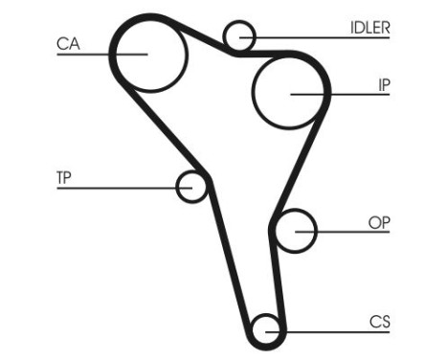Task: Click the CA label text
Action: coord(68,42)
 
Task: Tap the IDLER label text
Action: coord(369,27)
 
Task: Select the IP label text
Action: coord(383,84)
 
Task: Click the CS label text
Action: coord(380,320)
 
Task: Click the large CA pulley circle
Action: coord(147,53)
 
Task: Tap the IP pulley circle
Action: coord(290,93)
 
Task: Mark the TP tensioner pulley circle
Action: coord(192,186)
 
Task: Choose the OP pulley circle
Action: coord(296,230)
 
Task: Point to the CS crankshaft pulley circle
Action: coord(267,330)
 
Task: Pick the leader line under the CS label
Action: coord(335,330)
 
